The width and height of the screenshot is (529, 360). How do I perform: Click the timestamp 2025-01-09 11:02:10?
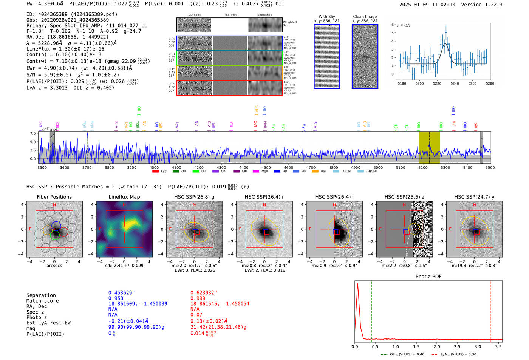427,5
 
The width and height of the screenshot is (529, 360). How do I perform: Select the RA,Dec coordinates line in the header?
67,37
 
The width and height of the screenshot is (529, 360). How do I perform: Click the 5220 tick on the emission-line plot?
437,83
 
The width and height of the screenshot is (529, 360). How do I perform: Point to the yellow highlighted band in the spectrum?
429,147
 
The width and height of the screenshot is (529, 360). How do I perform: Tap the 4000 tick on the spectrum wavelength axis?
154,168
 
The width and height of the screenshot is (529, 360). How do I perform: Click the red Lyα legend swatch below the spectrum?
155,172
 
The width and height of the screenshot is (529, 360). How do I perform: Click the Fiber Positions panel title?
54,197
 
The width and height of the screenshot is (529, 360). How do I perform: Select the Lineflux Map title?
124,197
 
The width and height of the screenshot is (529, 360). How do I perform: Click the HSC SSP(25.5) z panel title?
404,197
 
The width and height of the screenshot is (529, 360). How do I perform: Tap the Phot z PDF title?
428,277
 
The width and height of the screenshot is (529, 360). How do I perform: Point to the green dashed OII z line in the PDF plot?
371,310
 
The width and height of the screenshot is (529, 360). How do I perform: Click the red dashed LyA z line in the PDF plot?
490,310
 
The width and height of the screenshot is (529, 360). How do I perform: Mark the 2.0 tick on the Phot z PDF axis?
437,346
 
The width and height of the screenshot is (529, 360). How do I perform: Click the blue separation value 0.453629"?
121,293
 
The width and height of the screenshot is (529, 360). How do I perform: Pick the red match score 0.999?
198,298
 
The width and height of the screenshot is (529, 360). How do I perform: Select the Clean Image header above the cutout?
365,17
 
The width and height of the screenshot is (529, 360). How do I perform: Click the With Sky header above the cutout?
326,17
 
